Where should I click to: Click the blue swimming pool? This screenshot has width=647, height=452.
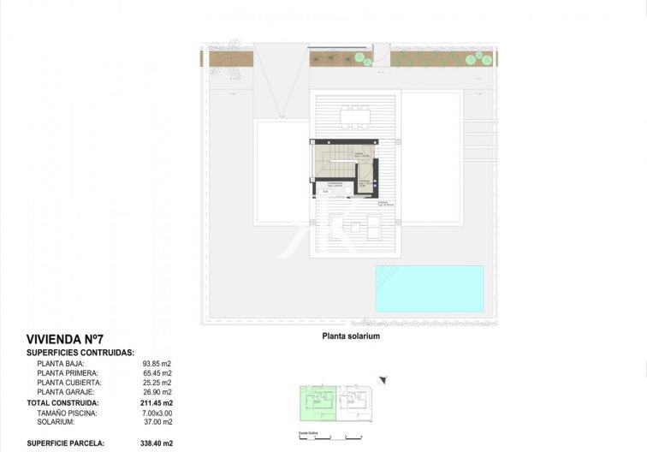click(x=429, y=288)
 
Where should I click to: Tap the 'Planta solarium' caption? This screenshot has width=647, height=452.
click(x=351, y=336)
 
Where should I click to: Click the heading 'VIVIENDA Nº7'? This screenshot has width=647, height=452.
click(x=65, y=340)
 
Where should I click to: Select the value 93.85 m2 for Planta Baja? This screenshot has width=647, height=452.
click(x=157, y=364)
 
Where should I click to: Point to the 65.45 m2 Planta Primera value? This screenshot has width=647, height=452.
click(x=157, y=373)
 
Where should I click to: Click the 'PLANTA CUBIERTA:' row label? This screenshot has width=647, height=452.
click(x=69, y=383)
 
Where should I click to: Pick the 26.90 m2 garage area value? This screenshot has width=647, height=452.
click(x=157, y=392)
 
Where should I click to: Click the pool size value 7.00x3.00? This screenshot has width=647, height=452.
click(x=157, y=413)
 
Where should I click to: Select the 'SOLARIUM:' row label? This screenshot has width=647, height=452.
click(x=56, y=422)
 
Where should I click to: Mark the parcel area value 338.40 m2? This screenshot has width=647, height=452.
click(x=157, y=443)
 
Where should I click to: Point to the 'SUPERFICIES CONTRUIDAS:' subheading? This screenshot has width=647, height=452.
click(x=80, y=352)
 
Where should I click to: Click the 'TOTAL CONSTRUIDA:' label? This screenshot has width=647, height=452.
click(x=63, y=402)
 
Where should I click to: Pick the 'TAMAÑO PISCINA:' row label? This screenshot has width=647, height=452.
click(x=68, y=413)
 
